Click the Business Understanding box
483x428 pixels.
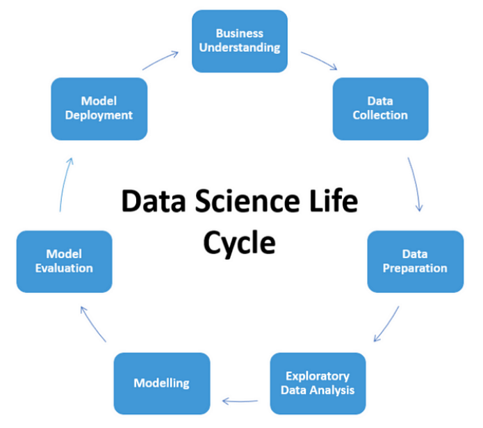coord(238,40)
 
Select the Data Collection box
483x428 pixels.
coord(379,108)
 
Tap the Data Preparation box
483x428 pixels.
coord(415,261)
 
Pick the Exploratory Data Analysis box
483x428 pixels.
coord(317,383)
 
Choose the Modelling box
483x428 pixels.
coord(161,383)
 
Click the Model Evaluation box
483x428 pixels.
coord(65,261)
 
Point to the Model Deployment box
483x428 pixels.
coord(99,108)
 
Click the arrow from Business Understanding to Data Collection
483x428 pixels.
coord(319,61)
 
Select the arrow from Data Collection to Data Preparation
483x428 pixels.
coord(416,184)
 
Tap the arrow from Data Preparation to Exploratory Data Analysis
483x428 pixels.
coord(387,324)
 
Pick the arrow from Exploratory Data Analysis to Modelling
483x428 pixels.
coord(240,399)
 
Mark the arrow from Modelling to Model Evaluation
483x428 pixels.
coord(92,323)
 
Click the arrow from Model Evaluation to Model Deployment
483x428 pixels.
coord(64,184)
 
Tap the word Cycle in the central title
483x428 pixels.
coord(238,243)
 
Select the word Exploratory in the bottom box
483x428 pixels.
coord(318,377)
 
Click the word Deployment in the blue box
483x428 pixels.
coord(99,115)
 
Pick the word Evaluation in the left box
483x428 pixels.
coord(65,268)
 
